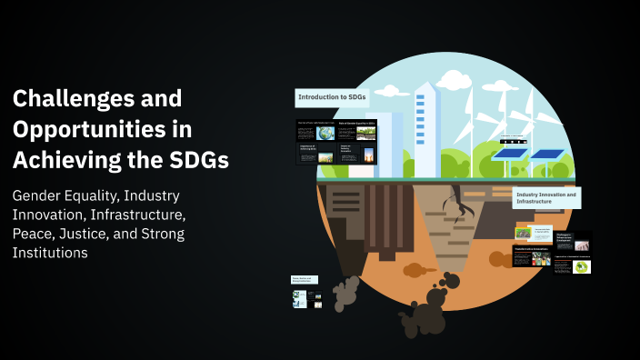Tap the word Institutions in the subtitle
[x=50, y=254]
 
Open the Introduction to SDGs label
[x=332, y=98]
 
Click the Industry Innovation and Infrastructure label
[x=546, y=198]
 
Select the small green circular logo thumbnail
[x=581, y=267]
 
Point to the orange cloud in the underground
[x=415, y=270]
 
